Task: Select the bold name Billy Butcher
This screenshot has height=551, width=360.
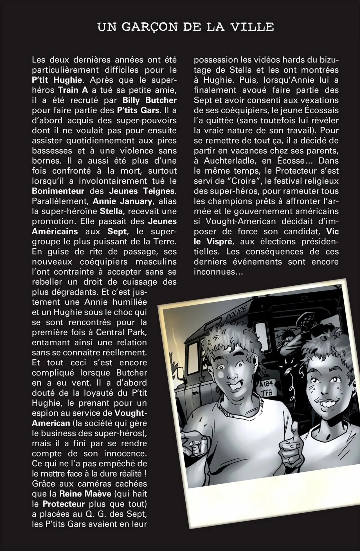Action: tap(150, 100)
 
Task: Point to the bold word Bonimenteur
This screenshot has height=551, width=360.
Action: tap(58, 191)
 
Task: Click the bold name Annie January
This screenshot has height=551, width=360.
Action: tap(122, 201)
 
